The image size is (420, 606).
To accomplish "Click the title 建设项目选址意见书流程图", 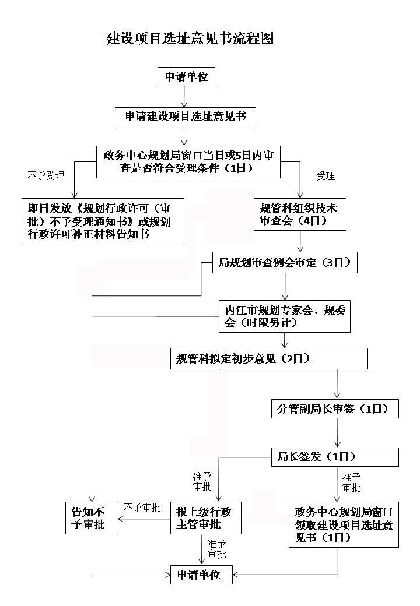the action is point(190,38).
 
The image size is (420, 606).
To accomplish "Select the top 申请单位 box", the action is point(186,77).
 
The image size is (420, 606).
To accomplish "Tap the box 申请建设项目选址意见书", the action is point(185,117).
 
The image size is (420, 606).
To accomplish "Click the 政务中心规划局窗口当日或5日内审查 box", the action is point(188,161).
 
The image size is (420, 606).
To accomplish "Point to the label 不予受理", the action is point(45,175).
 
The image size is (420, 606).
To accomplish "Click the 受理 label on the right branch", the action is point(325,176).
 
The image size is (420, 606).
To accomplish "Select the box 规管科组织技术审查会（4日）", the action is point(300,214).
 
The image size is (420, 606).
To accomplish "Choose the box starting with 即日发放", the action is point(103,221).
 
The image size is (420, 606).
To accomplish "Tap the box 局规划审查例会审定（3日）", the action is point(285,263).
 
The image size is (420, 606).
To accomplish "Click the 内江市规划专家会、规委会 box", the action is point(285,316).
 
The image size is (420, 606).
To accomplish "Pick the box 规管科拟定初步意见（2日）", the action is point(269,359).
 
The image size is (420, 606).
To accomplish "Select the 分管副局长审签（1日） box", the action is point(335,408).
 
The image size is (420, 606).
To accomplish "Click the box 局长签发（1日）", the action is point(335,457).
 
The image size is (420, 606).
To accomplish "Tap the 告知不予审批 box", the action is point(92,518).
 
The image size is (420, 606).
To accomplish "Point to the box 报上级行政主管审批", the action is point(206,518).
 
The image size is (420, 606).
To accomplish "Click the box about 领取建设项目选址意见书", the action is point(344,524).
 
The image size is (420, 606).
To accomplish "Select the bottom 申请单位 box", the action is point(201,575).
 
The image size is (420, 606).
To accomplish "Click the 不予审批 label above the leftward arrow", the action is point(142,508).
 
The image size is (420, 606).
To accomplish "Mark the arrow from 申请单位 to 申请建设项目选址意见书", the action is point(184,97).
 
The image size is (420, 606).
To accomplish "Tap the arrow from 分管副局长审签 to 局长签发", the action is point(338,433).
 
